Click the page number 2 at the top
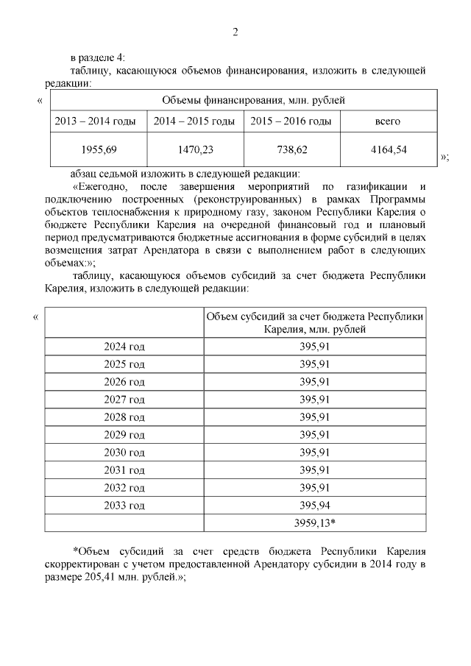(x=235, y=32)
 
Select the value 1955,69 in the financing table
(x=99, y=149)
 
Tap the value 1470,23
(x=195, y=149)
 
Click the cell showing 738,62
(x=291, y=149)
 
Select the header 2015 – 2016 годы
(x=291, y=121)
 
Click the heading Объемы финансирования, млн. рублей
(x=243, y=99)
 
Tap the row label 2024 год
(x=124, y=346)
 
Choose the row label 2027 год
(x=124, y=399)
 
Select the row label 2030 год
(x=124, y=452)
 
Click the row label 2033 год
(x=124, y=505)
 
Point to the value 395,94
(x=314, y=505)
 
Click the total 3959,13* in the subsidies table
(x=314, y=522)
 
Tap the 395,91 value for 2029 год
(x=314, y=434)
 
